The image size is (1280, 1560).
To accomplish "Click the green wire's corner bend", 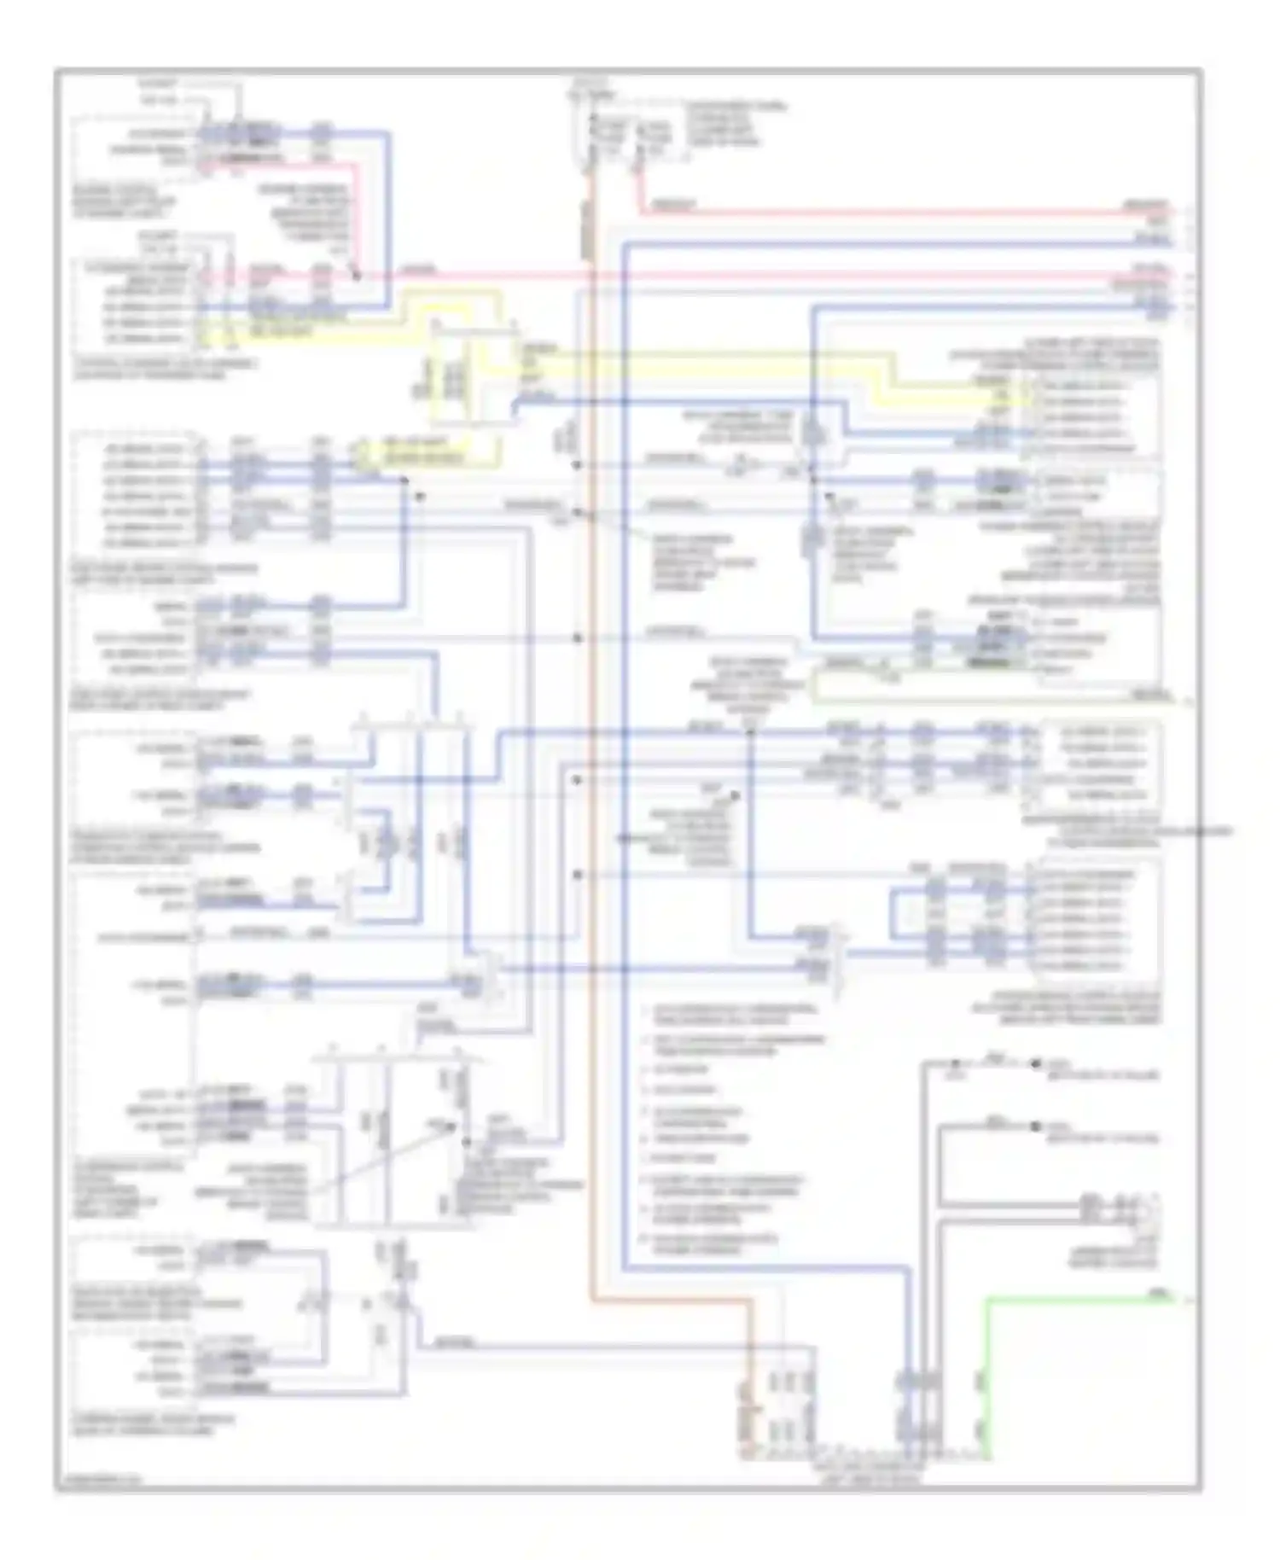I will pyautogui.click(x=988, y=1300).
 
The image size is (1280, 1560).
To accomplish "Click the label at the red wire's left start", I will pyautogui.click(x=672, y=205).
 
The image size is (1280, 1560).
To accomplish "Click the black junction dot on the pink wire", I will pyautogui.click(x=358, y=276).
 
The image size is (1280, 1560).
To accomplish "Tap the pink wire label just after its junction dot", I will pyautogui.click(x=417, y=271).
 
